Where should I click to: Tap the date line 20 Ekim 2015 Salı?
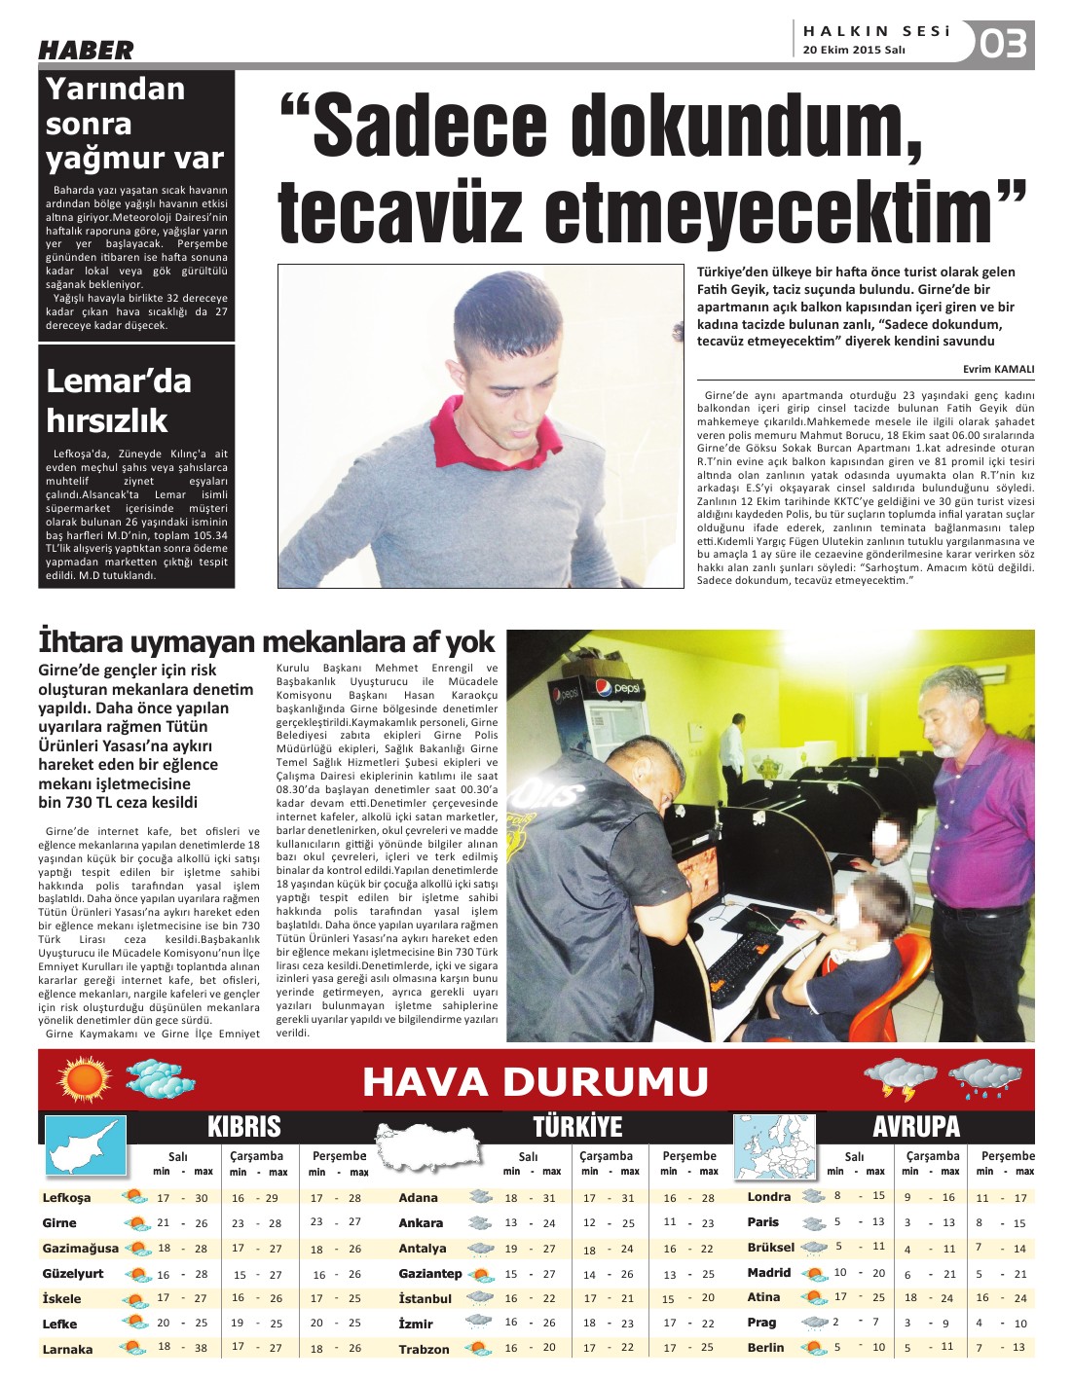[854, 51]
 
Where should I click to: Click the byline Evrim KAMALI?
[998, 369]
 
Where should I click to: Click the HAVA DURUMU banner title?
[536, 1081]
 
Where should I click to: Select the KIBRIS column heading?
[243, 1127]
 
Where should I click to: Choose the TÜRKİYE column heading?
[577, 1127]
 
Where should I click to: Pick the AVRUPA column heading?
[915, 1127]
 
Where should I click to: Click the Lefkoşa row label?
[67, 1198]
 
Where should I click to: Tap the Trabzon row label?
[424, 1350]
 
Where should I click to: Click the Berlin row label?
[765, 1348]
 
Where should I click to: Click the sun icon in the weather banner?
[86, 1079]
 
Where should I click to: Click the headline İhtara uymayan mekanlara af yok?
[266, 642]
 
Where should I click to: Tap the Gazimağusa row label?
[80, 1249]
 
